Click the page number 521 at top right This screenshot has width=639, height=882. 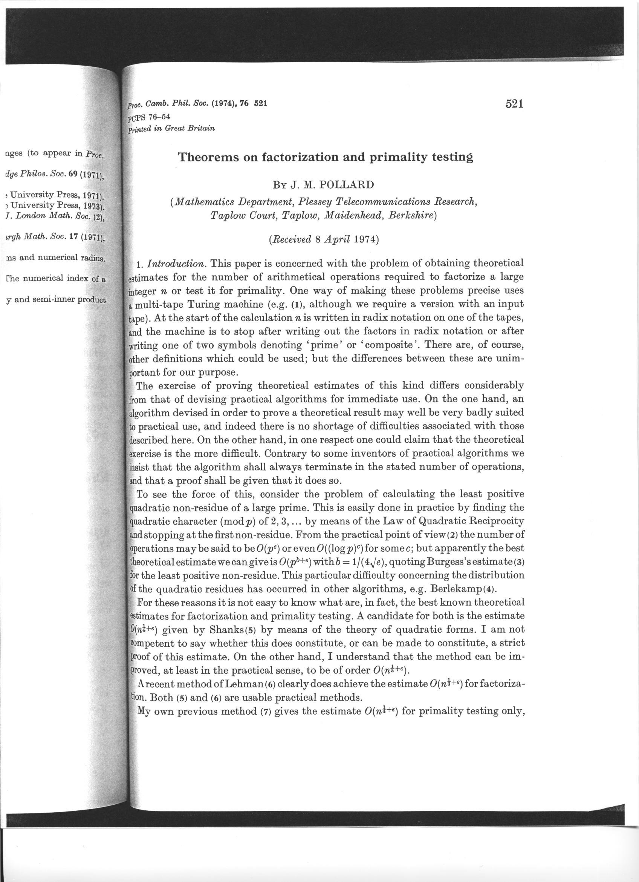514,104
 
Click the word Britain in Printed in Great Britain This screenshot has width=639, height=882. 202,128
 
